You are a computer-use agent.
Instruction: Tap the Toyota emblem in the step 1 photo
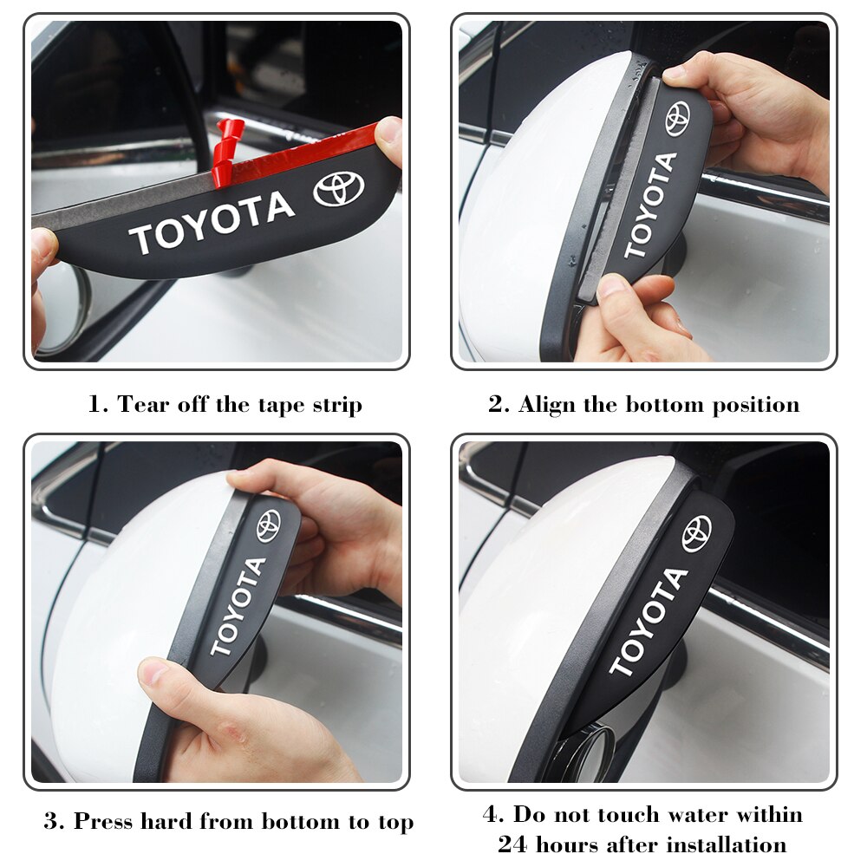339,189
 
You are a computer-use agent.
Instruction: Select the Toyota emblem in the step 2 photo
677,119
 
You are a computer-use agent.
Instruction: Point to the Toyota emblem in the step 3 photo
269,525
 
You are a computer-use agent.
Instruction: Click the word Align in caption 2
546,405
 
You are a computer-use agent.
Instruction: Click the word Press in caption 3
105,821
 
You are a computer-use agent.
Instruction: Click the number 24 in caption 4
512,844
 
